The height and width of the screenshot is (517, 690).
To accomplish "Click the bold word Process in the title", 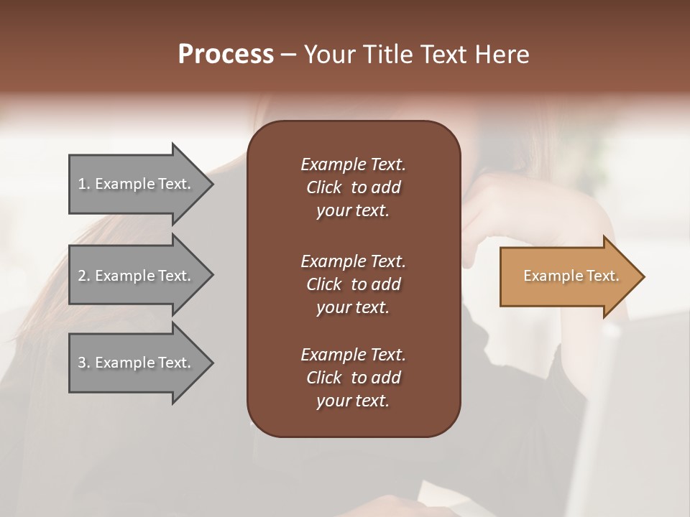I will (x=226, y=55).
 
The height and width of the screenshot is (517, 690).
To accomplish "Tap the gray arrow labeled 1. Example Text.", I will (x=137, y=184).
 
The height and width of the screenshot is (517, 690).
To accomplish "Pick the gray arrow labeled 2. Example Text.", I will (x=137, y=276).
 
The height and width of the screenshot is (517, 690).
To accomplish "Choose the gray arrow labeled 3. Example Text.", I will (x=137, y=363).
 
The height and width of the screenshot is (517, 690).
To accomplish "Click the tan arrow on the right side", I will (x=568, y=276).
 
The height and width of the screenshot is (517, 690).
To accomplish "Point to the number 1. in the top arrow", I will (x=84, y=184).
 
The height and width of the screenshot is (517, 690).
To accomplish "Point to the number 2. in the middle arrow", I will (x=84, y=276).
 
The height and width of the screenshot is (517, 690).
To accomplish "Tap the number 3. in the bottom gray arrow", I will (x=84, y=363).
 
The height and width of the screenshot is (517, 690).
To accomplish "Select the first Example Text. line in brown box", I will (x=353, y=164).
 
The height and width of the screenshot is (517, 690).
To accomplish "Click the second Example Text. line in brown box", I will (x=353, y=261).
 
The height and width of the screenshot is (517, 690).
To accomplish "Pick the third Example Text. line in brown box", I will (x=353, y=355).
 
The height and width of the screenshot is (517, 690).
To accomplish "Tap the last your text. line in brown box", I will (x=353, y=401).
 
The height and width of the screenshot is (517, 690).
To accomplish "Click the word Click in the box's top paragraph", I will (x=324, y=187).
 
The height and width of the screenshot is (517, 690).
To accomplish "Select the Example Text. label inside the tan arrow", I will (x=571, y=276).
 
